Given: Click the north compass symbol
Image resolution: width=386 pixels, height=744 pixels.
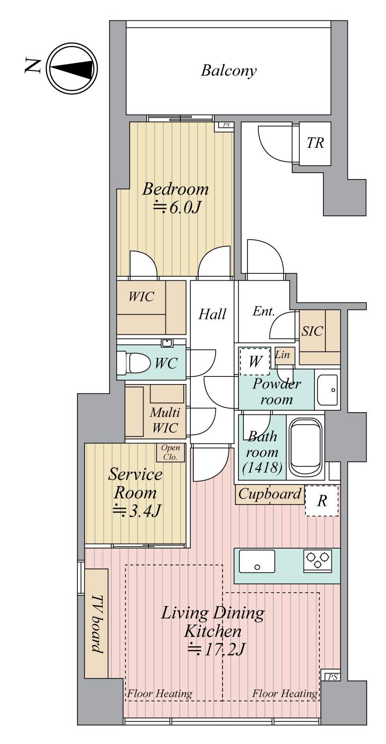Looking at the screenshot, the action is (x=72, y=68).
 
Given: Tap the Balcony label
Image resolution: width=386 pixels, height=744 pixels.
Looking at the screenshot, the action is (x=229, y=70).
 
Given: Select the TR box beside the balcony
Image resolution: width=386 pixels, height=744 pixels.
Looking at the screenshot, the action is (x=315, y=144).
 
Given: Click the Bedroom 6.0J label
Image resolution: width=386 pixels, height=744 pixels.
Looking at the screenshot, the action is (x=175, y=197).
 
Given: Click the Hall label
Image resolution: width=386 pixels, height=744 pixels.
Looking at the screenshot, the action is (x=213, y=314).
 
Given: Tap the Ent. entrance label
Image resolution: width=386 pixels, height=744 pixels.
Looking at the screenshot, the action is (x=264, y=311).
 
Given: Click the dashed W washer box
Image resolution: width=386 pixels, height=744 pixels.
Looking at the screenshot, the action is (x=255, y=361).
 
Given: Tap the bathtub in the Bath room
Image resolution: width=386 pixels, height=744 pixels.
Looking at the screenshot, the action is (x=307, y=447).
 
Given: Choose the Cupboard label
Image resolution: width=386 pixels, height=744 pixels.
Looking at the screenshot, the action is (x=270, y=494).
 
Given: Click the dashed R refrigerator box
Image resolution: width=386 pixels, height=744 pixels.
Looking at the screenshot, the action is (x=321, y=501).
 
